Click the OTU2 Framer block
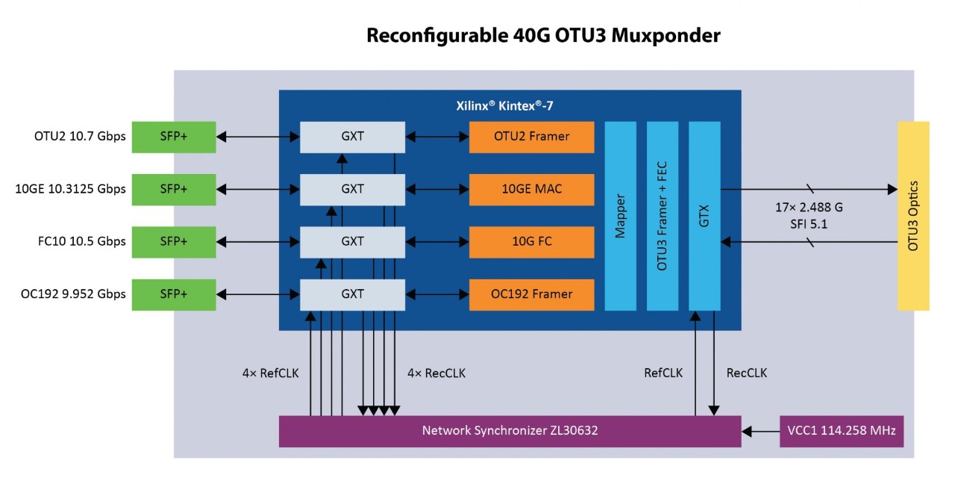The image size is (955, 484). (531, 137)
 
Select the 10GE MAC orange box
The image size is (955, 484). (531, 189)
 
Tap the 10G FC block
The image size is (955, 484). (531, 241)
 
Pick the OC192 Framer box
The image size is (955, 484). (531, 294)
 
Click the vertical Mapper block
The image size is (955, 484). (620, 216)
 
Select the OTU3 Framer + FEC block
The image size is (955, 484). (662, 216)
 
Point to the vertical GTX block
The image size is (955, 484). (704, 216)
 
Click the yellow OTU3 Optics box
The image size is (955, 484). (913, 216)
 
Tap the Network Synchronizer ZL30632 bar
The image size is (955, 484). (510, 431)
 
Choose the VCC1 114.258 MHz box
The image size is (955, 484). (841, 431)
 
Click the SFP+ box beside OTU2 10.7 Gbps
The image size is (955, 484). (174, 137)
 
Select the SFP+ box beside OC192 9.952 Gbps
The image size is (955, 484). (174, 294)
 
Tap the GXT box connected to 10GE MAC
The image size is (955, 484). (352, 189)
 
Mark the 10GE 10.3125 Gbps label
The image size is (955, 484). (70, 189)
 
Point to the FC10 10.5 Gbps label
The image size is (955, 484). (70, 241)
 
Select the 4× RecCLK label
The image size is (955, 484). (436, 373)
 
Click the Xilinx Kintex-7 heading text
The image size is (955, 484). (505, 106)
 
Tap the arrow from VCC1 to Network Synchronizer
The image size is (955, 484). (760, 431)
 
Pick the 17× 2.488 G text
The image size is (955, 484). (807, 207)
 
